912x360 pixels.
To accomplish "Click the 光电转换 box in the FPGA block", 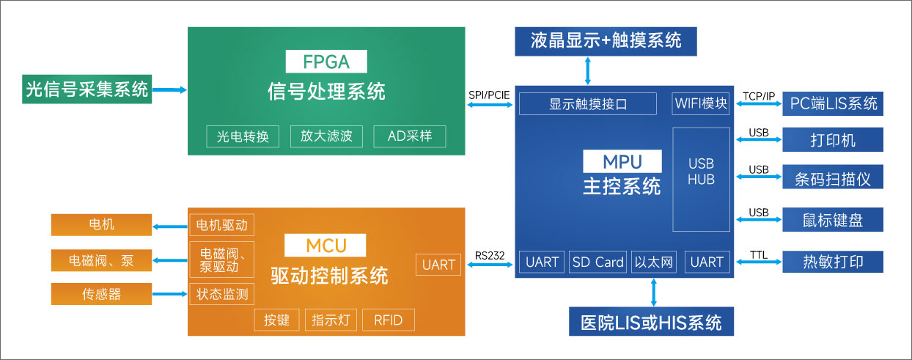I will pos(243,136).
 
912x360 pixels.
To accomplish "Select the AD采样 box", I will pos(410,136).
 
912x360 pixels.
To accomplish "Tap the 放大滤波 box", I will pos(326,136).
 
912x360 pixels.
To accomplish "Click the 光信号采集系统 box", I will pos(87,89).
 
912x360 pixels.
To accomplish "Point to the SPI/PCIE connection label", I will pos(489,95).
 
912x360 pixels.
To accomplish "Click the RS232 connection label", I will pos(489,256).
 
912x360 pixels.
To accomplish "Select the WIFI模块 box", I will pos(701,104).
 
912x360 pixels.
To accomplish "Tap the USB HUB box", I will pos(701,179).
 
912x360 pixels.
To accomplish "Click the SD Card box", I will pos(597,262).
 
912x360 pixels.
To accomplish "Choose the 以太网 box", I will pos(653,262).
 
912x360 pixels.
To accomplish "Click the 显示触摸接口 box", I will pos(588,104).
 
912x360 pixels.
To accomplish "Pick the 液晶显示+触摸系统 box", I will pos(606,40).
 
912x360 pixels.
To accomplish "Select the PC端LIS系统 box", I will pos(833,103).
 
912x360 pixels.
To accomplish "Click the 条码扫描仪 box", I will pos(833,177).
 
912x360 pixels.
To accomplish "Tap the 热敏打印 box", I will pos(833,262).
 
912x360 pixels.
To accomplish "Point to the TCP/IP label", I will pos(758,96).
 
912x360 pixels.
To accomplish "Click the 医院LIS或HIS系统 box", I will pos(651,322).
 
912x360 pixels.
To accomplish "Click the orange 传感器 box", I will pos(101,294).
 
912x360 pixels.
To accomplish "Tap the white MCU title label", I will pos(326,245).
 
